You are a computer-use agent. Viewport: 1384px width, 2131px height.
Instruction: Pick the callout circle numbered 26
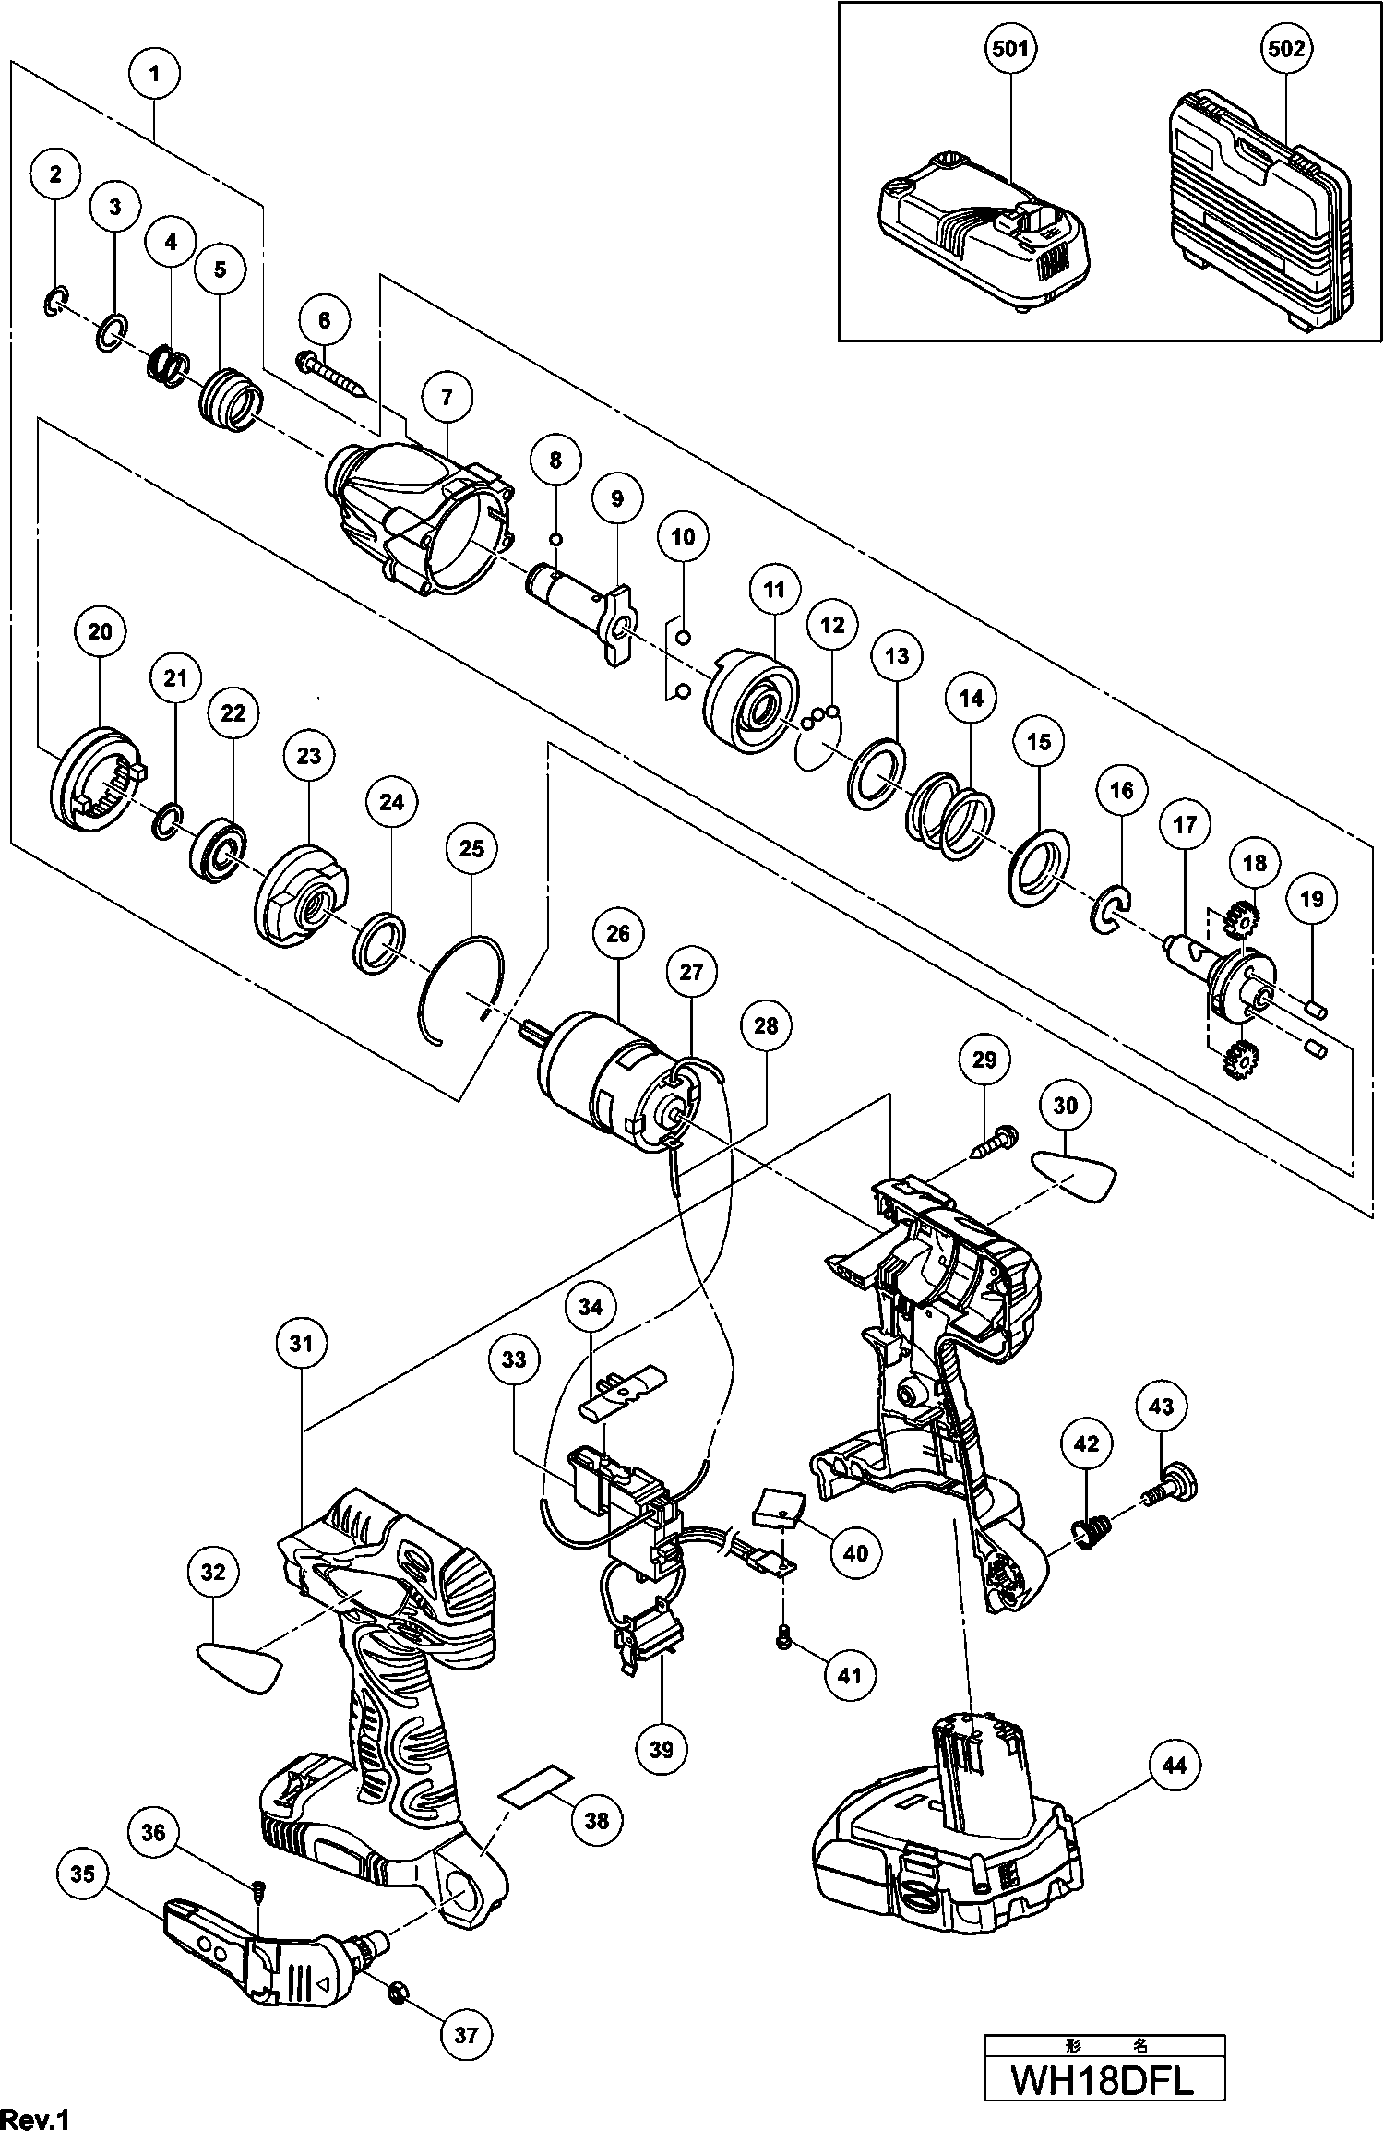click(x=617, y=934)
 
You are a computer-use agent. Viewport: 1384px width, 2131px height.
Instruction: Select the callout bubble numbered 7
click(x=447, y=397)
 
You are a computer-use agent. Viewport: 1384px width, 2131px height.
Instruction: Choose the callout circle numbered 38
click(x=597, y=1820)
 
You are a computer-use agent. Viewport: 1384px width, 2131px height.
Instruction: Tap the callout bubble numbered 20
click(x=100, y=631)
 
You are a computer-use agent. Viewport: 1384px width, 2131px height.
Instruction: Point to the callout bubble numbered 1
click(x=154, y=72)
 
